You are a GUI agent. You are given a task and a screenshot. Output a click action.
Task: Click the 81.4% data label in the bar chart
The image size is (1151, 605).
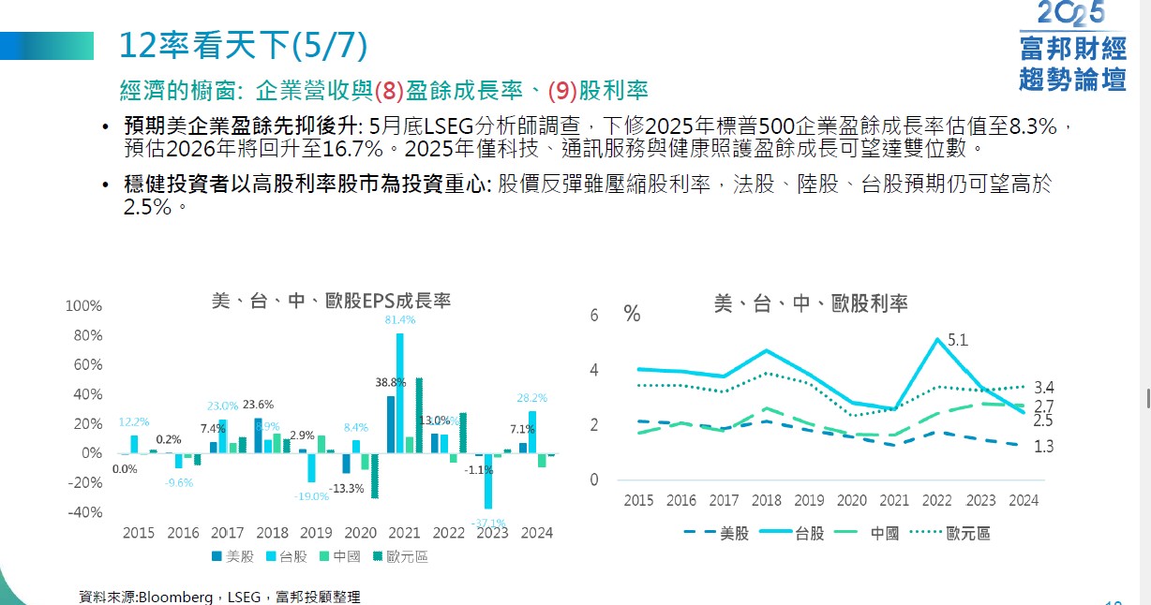(400, 319)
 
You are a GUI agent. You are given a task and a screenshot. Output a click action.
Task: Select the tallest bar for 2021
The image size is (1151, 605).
(400, 393)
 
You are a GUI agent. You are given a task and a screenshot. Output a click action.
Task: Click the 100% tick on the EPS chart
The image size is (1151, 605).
(84, 306)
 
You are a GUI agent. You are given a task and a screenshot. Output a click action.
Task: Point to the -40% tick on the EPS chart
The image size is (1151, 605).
(84, 512)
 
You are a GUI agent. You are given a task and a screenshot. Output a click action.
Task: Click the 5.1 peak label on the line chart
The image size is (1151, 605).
(957, 341)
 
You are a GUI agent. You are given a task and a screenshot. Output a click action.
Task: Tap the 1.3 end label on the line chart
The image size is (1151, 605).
(1043, 447)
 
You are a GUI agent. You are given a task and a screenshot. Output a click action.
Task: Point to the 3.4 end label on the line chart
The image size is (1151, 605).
(1043, 387)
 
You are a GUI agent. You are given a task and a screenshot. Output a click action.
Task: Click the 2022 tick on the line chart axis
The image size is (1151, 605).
(937, 501)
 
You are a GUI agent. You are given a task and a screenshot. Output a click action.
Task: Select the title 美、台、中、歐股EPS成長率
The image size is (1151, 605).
(331, 301)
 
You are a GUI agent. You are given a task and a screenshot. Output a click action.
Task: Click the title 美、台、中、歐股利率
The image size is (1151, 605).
(811, 302)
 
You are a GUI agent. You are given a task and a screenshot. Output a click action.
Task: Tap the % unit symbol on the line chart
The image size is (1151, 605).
(632, 315)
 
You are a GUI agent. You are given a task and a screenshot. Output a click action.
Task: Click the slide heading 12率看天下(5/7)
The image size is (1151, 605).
(244, 44)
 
